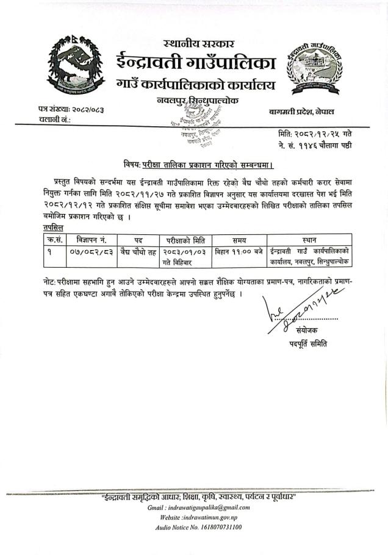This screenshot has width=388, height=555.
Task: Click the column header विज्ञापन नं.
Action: [92, 240]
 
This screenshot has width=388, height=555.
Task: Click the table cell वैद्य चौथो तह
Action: [138, 251]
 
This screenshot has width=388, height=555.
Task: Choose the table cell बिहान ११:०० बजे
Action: [239, 251]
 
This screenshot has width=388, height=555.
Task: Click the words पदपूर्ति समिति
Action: [308, 343]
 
